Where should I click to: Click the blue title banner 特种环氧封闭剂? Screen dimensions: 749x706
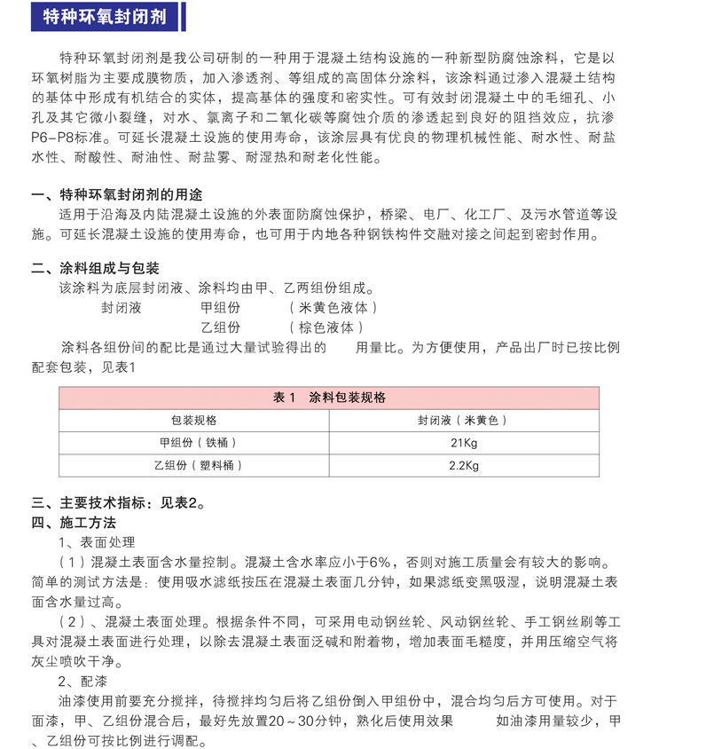point(104,17)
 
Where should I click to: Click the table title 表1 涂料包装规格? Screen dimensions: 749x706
point(329,398)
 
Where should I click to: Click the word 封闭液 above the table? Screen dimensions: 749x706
point(121,308)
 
